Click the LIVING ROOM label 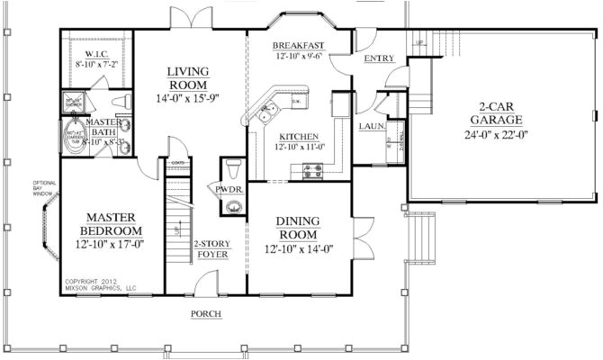pyautogui.click(x=187, y=77)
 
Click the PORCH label pyautogui.click(x=206, y=314)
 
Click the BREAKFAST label pyautogui.click(x=298, y=45)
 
